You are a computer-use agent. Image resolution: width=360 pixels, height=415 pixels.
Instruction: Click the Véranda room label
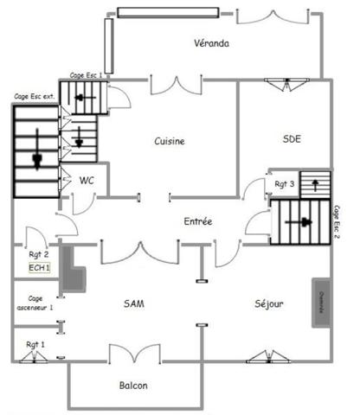click(211, 44)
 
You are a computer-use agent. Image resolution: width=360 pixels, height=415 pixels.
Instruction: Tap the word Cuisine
click(170, 141)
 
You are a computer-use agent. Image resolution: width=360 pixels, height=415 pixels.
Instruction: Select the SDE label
click(292, 139)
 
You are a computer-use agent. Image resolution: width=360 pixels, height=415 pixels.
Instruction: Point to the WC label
click(87, 181)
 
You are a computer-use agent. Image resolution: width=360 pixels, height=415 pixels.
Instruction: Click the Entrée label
click(197, 222)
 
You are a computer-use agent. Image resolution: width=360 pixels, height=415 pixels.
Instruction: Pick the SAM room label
click(133, 303)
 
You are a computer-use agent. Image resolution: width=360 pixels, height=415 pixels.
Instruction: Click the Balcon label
click(133, 386)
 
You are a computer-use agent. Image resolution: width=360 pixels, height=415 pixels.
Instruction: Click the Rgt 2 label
click(37, 254)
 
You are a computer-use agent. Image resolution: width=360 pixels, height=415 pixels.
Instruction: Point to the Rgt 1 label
click(35, 344)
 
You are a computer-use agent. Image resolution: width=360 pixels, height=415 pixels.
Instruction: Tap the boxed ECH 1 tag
click(40, 268)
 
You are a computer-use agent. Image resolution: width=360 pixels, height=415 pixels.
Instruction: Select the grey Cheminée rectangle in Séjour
click(320, 303)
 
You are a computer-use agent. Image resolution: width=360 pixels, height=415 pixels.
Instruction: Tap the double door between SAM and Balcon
click(133, 354)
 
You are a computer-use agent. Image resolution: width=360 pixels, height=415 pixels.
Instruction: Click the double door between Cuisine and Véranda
click(189, 85)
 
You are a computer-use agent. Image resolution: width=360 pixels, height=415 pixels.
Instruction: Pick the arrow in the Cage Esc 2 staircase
click(304, 223)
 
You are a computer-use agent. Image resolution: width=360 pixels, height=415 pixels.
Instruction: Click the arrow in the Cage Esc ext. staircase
click(36, 158)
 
